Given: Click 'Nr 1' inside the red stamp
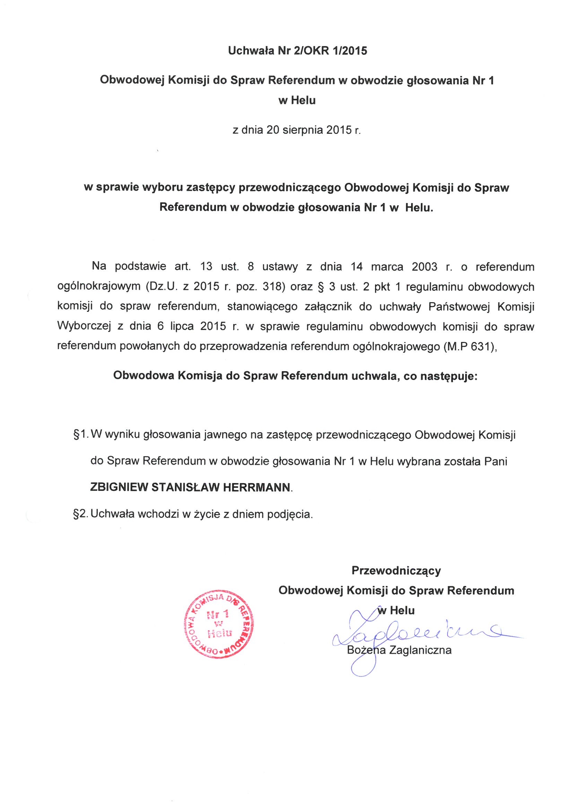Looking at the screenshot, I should (x=218, y=615).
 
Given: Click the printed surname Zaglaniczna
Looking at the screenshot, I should (x=420, y=650).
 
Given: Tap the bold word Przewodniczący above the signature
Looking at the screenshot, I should (x=396, y=571).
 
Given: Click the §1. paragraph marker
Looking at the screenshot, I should (x=81, y=435).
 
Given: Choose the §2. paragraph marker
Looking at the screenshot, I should (x=81, y=514).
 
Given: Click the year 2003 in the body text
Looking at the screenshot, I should (x=424, y=266).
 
